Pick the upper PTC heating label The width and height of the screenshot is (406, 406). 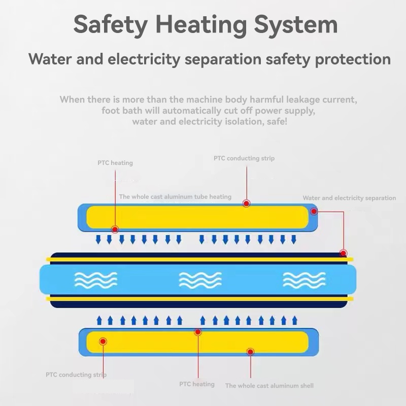(115, 163)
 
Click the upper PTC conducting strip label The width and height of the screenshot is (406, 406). (244, 158)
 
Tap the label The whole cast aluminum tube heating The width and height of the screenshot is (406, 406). (175, 196)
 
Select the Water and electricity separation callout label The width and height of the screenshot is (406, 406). (349, 198)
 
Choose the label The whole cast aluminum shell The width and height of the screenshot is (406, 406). (269, 386)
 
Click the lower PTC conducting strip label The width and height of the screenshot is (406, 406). (76, 375)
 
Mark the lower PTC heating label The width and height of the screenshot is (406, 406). (197, 384)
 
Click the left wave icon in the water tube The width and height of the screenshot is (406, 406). (96, 280)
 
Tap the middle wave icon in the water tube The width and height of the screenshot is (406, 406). (200, 280)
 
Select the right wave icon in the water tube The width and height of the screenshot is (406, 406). (304, 280)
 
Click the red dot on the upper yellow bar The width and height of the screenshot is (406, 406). (247, 203)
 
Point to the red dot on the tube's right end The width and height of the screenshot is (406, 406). (344, 253)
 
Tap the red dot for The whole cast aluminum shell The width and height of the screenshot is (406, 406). (250, 352)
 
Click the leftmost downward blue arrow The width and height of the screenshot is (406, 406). (98, 239)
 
